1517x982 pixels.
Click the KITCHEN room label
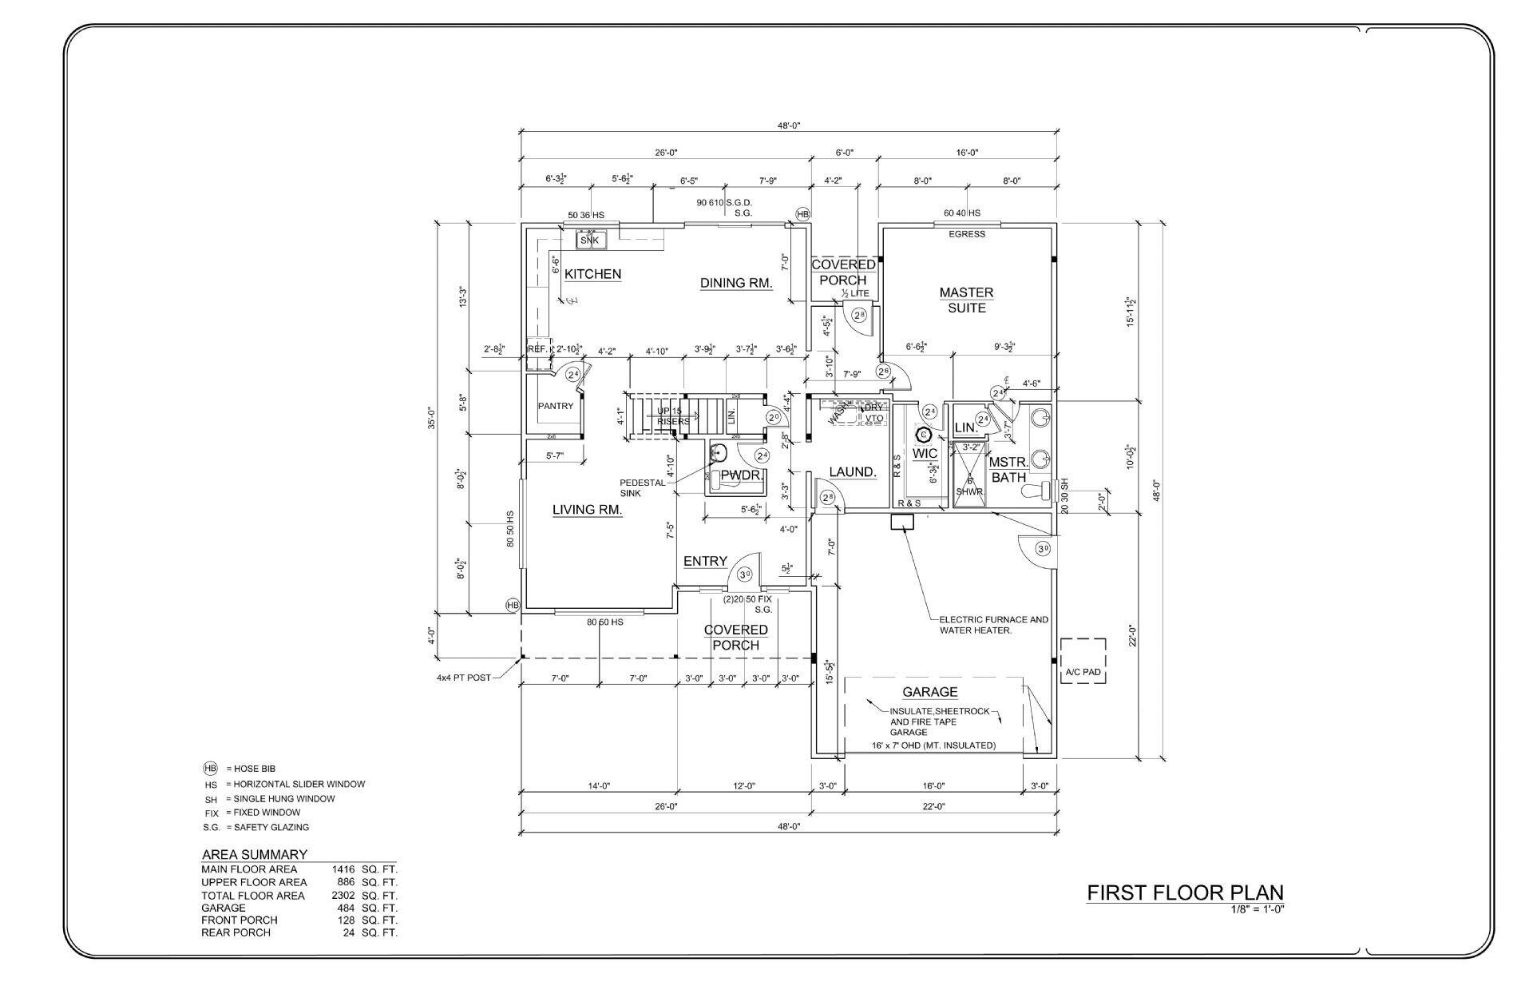point(592,274)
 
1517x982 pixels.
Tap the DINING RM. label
point(736,283)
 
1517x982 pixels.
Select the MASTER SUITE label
point(966,300)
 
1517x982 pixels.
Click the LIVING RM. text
point(587,510)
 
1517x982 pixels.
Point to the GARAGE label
point(929,692)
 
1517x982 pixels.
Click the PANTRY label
point(555,406)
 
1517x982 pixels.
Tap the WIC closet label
point(925,453)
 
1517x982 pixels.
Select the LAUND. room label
point(852,472)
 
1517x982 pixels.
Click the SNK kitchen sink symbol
point(590,240)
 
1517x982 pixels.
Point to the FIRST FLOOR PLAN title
point(1185,893)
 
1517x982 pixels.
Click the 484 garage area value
point(344,908)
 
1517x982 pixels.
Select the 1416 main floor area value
point(343,869)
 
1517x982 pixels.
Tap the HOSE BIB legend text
point(254,769)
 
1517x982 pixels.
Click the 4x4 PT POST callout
point(463,678)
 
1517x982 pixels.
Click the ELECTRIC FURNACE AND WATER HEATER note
point(993,625)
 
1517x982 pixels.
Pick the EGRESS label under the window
point(966,234)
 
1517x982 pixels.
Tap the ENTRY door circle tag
point(744,574)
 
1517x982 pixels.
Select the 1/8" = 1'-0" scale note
point(1257,908)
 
